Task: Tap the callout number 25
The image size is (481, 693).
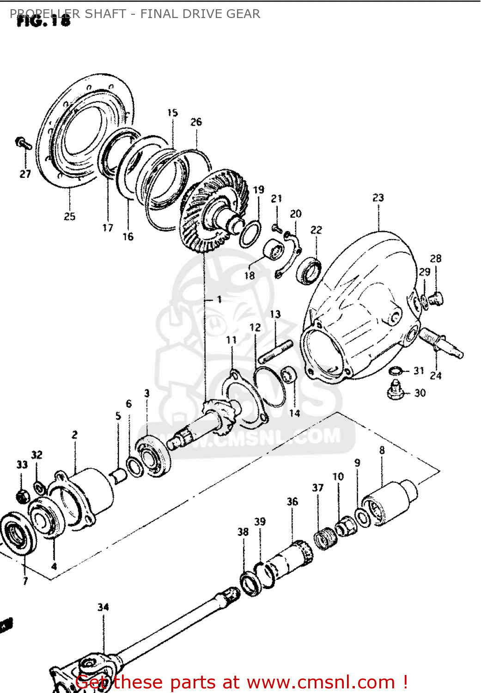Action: pos(69,216)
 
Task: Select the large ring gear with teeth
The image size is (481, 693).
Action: pos(210,210)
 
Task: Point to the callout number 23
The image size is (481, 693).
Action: pos(378,198)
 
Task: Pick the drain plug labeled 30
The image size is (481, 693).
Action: pos(395,390)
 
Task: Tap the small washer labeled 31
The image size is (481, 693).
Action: pos(396,371)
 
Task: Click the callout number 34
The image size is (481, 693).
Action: pos(103,607)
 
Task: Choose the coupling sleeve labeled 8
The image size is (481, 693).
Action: pos(388,503)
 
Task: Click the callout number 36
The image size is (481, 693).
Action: pos(292,502)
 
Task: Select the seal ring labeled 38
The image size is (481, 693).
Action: pos(251,583)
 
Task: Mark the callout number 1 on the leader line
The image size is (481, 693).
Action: pos(219,300)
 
